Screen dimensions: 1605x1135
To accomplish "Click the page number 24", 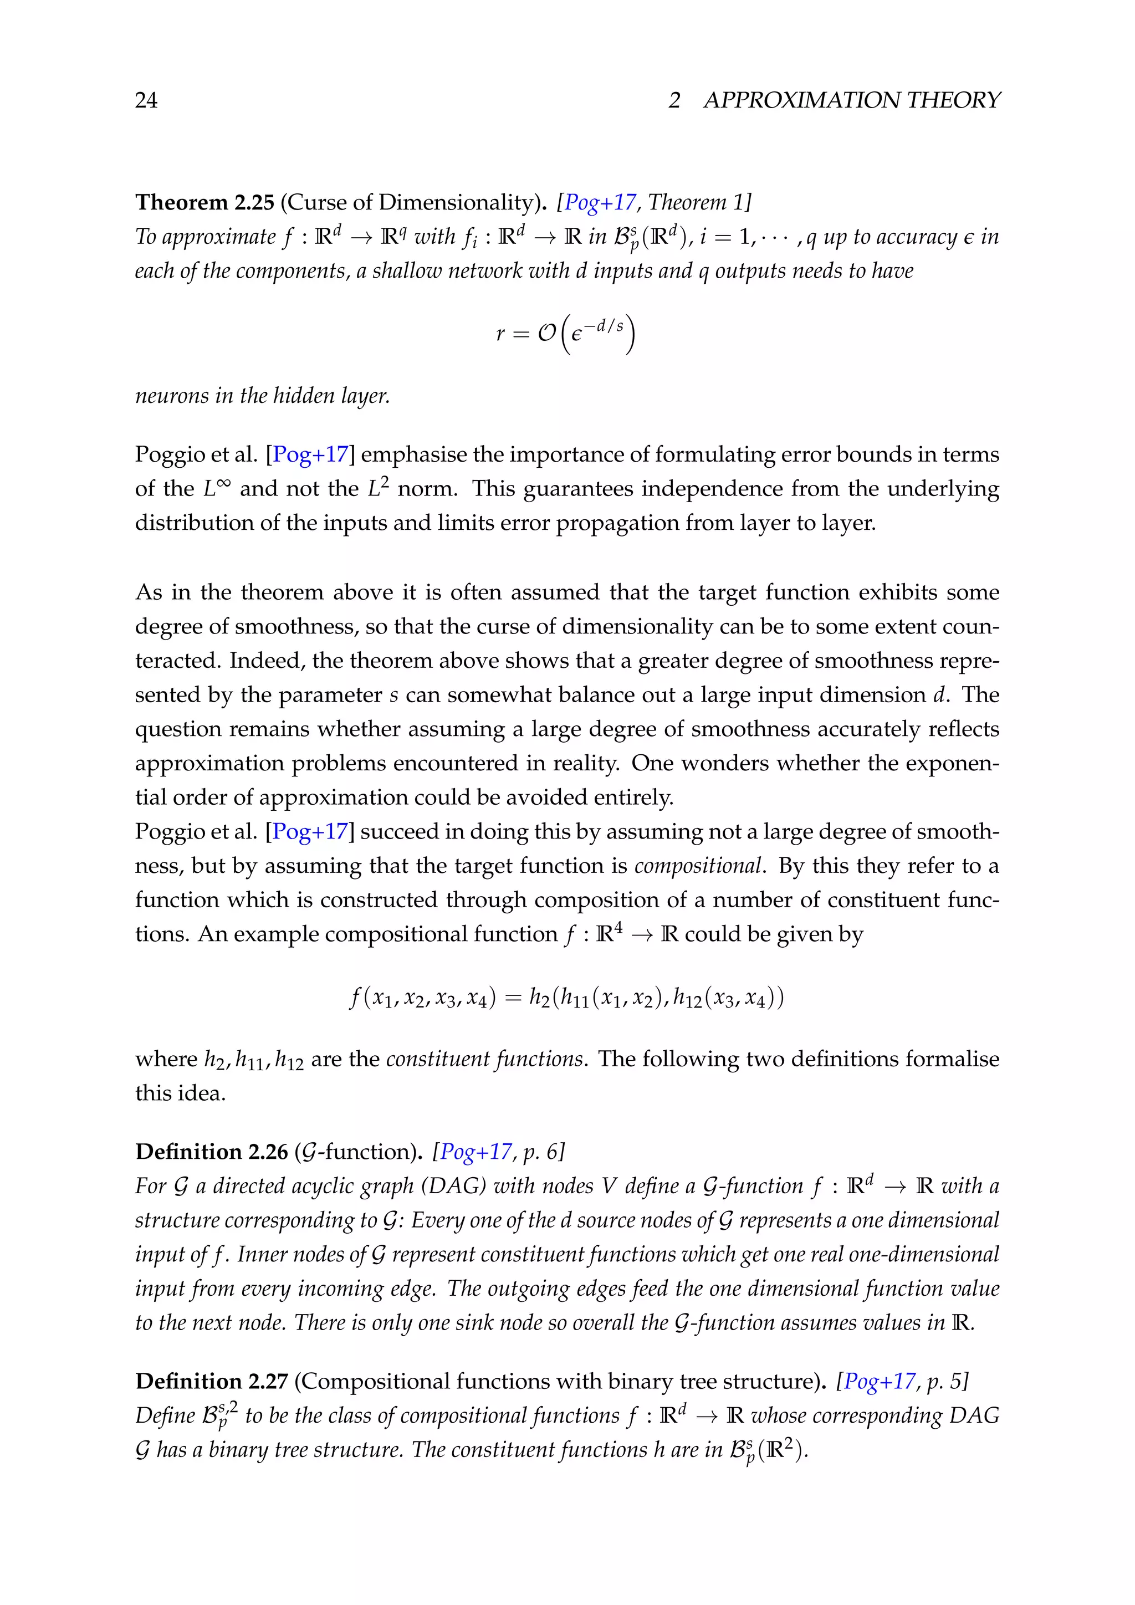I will click(146, 100).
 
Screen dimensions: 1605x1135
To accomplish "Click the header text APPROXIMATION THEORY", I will click(851, 100).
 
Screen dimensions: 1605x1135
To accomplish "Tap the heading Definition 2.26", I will click(211, 1151).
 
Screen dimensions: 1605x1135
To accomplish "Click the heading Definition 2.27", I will click(211, 1381).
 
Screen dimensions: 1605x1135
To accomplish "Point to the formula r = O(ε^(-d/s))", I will click(565, 334).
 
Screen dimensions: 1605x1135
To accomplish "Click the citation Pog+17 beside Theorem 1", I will click(600, 202).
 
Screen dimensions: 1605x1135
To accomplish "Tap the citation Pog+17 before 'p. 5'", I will click(879, 1381).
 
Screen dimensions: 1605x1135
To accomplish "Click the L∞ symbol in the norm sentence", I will click(216, 488).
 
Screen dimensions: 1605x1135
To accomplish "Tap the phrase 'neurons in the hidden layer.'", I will click(262, 396).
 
